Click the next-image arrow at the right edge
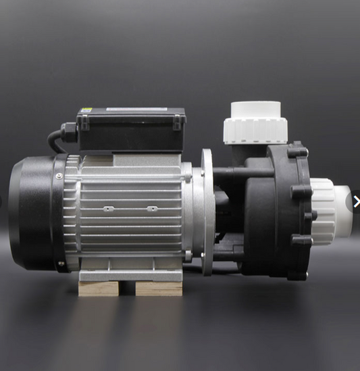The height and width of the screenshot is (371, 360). click(x=356, y=201)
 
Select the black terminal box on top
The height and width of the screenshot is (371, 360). click(x=131, y=126)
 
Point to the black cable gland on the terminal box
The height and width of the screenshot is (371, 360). click(x=69, y=130)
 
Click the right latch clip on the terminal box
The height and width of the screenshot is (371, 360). click(x=177, y=122)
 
